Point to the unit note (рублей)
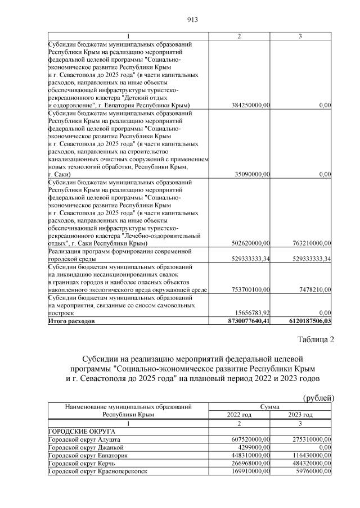(x=318, y=398)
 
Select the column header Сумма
(x=270, y=406)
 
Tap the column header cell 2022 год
(x=239, y=414)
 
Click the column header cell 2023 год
(x=300, y=414)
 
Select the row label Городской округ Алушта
(x=84, y=439)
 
